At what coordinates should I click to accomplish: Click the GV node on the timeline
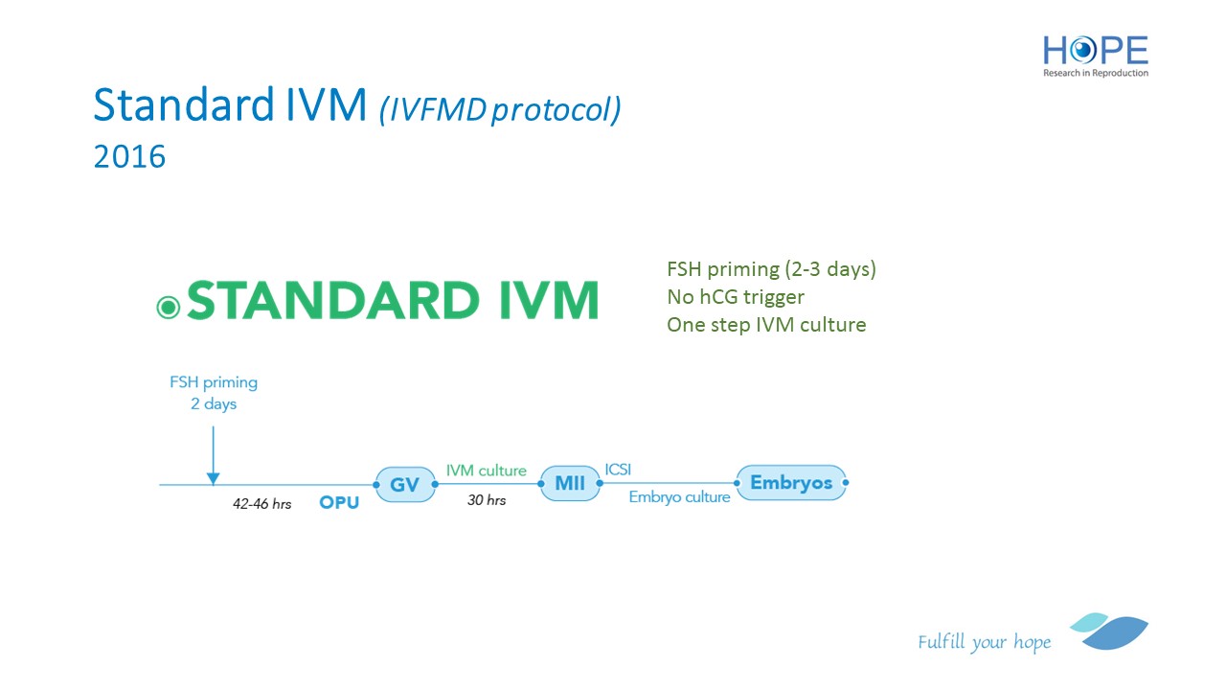pyautogui.click(x=405, y=484)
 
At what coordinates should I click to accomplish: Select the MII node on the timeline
pyautogui.click(x=570, y=483)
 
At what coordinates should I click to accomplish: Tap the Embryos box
pyautogui.click(x=791, y=482)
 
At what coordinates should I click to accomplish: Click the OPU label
pyautogui.click(x=339, y=503)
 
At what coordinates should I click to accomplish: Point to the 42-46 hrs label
pyautogui.click(x=262, y=504)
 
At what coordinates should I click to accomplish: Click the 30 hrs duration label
pyautogui.click(x=487, y=500)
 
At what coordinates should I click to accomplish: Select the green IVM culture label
pyautogui.click(x=486, y=471)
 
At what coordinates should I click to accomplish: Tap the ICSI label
pyautogui.click(x=618, y=470)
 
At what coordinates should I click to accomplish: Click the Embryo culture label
pyautogui.click(x=679, y=497)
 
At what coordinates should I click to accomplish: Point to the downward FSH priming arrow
pyautogui.click(x=213, y=455)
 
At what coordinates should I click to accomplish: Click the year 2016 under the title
pyautogui.click(x=129, y=156)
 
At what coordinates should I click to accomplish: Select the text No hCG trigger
pyautogui.click(x=736, y=297)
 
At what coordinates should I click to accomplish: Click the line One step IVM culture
pyautogui.click(x=766, y=325)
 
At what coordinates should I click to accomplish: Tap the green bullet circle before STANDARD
pyautogui.click(x=169, y=308)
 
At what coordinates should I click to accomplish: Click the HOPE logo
pyautogui.click(x=1095, y=56)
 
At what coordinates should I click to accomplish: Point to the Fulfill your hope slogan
pyautogui.click(x=984, y=642)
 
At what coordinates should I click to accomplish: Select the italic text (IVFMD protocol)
pyautogui.click(x=500, y=109)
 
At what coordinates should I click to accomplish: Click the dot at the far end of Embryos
pyautogui.click(x=846, y=482)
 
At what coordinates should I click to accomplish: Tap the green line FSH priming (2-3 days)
pyautogui.click(x=771, y=269)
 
